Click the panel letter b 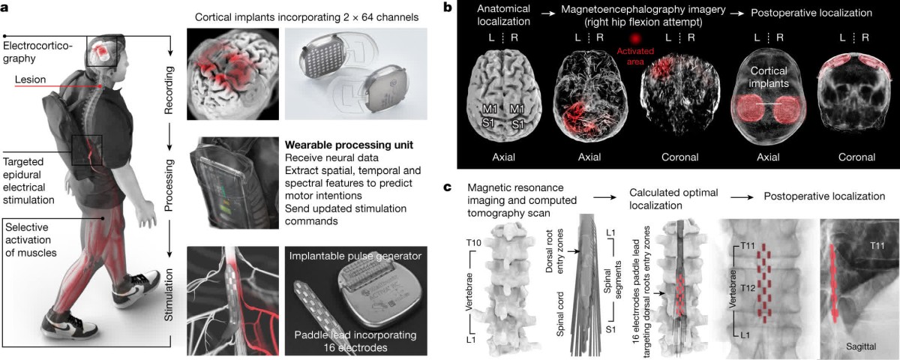click(x=448, y=8)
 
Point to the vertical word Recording click(x=170, y=89)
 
